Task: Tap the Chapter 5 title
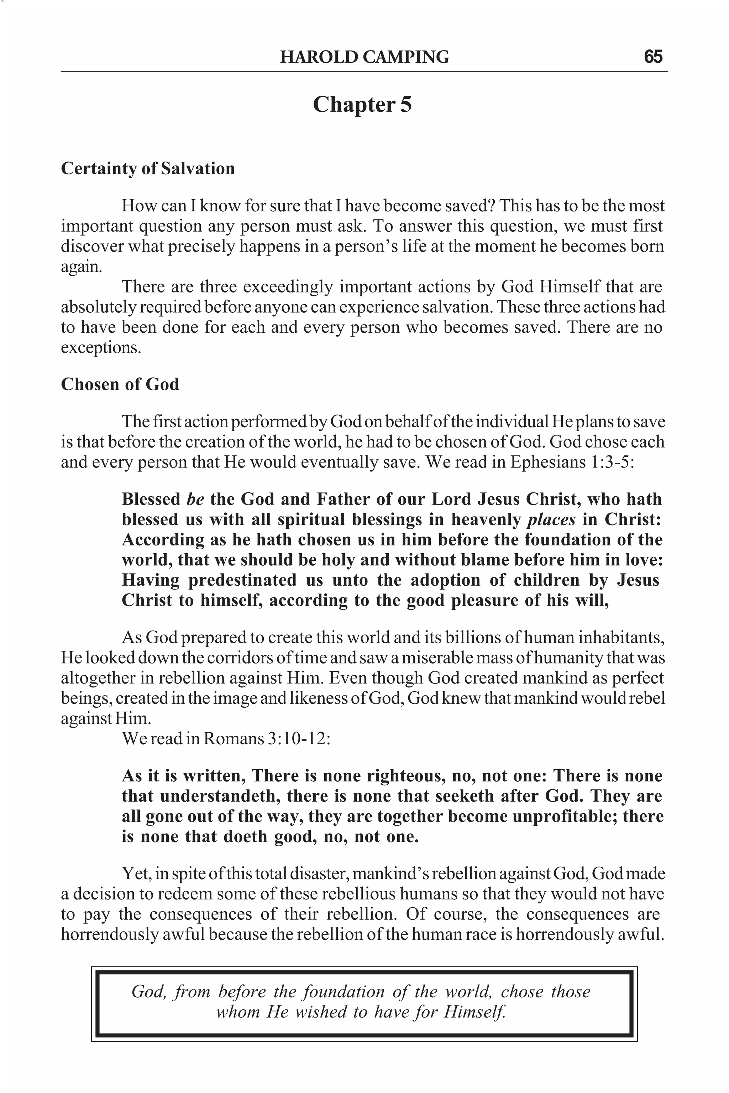point(362,105)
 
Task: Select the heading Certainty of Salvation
point(148,168)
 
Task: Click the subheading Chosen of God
point(120,384)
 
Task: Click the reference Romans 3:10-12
point(266,738)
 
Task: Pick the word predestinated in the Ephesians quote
point(242,580)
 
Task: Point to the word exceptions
point(101,348)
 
